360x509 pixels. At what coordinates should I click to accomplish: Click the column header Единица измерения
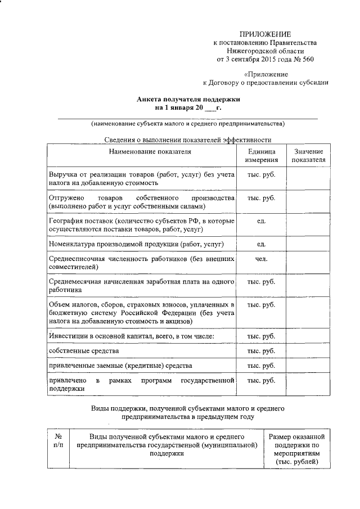click(261, 155)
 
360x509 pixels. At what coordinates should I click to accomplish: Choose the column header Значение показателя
click(308, 155)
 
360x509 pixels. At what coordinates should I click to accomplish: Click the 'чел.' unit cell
click(261, 259)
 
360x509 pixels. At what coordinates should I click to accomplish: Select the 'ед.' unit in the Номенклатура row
click(261, 244)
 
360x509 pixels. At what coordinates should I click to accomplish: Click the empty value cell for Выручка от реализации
click(308, 178)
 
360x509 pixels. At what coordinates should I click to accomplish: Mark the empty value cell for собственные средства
click(308, 351)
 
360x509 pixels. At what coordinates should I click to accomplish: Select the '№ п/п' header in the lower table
click(58, 441)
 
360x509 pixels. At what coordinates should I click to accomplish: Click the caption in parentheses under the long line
click(188, 124)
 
